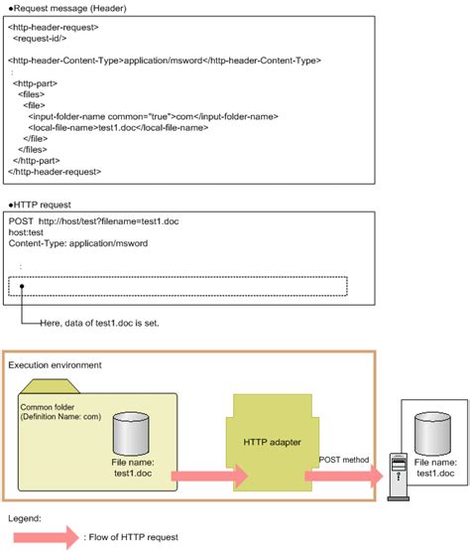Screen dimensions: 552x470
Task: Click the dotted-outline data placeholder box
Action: point(178,286)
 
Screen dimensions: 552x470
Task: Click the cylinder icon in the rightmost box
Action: point(435,426)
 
